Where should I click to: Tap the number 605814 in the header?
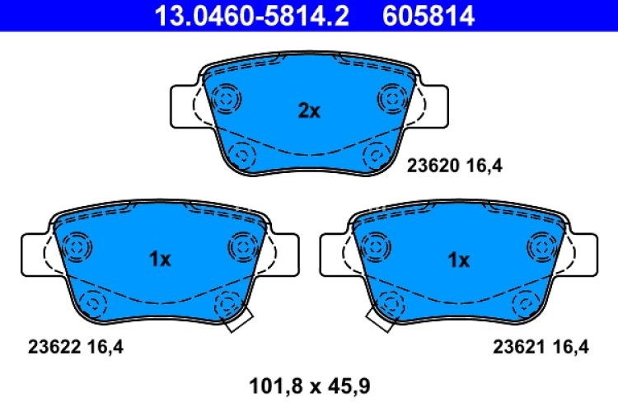coord(428,16)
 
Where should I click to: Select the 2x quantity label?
coord(308,110)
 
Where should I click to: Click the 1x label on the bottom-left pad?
coord(160,260)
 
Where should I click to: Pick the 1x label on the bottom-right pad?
coord(458,260)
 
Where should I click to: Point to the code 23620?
coord(430,166)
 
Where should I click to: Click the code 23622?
coord(50,347)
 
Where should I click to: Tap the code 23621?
coord(517,347)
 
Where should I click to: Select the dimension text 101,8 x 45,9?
coord(310,383)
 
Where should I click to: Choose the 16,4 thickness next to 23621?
coord(570,347)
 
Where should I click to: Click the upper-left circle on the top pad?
coord(223,99)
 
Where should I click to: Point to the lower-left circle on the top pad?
coord(241,153)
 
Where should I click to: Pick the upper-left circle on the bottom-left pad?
coord(75,246)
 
